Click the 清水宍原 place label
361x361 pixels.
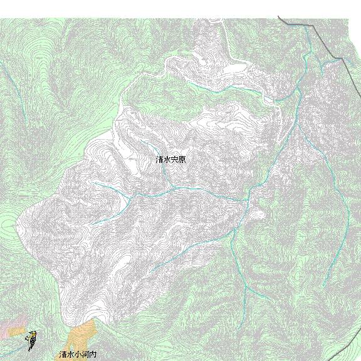(170, 160)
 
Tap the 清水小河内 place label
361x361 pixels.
(78, 355)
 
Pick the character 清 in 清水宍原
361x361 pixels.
(159, 160)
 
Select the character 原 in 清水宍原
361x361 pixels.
(182, 160)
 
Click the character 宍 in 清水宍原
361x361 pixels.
(175, 160)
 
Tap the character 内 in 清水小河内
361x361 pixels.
(93, 355)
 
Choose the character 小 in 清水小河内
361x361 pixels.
(78, 355)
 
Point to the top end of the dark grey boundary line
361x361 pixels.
(280, 18)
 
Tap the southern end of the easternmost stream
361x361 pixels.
(323, 286)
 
